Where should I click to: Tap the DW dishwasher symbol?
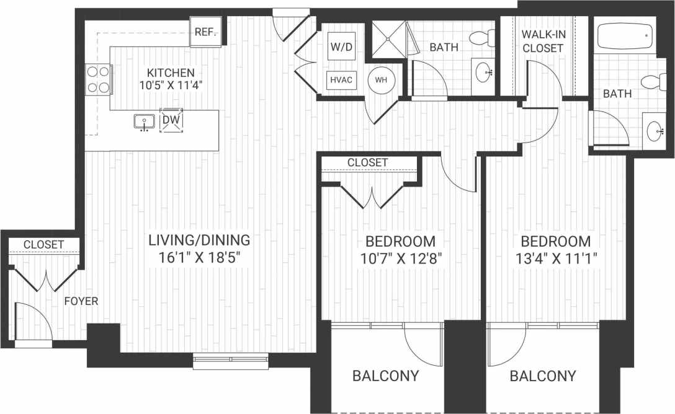coord(172,120)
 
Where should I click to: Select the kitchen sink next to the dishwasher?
coord(145,121)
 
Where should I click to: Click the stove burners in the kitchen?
coord(97,79)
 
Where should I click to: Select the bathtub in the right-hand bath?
coord(625,37)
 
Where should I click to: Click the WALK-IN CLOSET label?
coord(542,40)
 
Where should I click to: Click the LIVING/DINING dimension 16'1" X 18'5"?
coord(199,257)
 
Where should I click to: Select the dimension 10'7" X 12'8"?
coord(400,258)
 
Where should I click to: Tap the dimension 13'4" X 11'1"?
coord(555,258)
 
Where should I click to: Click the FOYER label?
coord(81,301)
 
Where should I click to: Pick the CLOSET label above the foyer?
coord(43,245)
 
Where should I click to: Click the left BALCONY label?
coord(385,376)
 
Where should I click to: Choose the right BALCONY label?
coord(543,376)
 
